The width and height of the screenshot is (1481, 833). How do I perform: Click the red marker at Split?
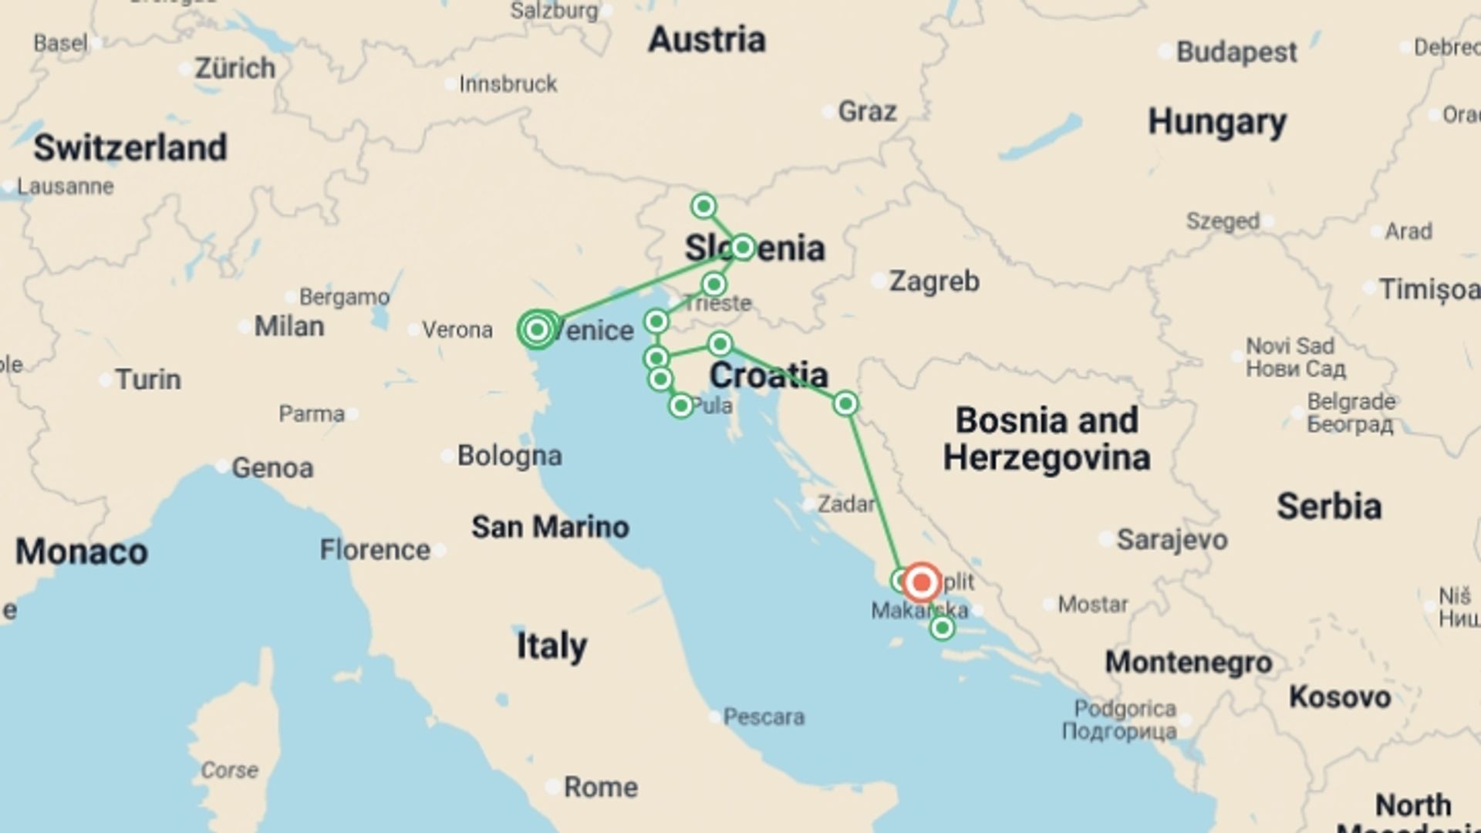pos(921,582)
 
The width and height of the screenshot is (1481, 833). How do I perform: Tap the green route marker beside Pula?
pos(680,405)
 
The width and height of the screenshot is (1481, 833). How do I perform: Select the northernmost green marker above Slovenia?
pos(703,206)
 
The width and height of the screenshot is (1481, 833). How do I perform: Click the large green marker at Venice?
pos(537,330)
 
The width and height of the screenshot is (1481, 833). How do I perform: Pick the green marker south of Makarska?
pos(941,628)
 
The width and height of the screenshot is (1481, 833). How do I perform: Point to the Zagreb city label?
pos(934,282)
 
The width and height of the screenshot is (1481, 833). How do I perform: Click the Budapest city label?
pos(1236,52)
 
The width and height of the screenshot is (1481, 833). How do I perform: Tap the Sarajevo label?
pos(1172,540)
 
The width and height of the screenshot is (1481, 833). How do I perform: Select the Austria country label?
pos(707,40)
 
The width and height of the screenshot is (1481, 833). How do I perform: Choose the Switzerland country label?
pos(130,147)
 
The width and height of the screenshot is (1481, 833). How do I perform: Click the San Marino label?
pos(550,528)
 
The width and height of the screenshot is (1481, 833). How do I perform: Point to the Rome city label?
pos(601,787)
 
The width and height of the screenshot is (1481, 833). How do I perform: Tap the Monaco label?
pos(82,552)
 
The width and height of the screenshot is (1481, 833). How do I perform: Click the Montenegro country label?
pos(1189,662)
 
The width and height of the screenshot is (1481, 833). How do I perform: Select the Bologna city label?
pos(509,456)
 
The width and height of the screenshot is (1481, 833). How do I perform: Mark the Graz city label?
pos(867,112)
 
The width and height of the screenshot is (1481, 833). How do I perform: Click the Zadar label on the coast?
pos(846,504)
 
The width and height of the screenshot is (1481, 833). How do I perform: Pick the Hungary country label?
pos(1217,122)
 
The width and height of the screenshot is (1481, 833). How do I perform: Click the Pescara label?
pos(764,717)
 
